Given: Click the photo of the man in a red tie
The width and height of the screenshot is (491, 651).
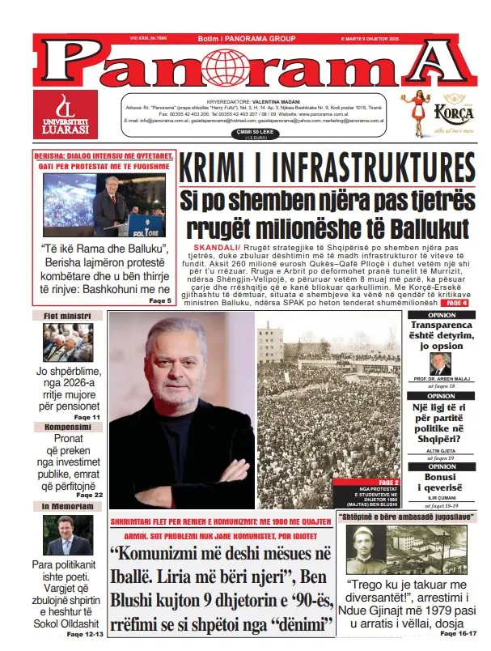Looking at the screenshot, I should (68, 535).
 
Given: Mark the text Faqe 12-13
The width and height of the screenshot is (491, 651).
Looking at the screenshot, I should (84, 634).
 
